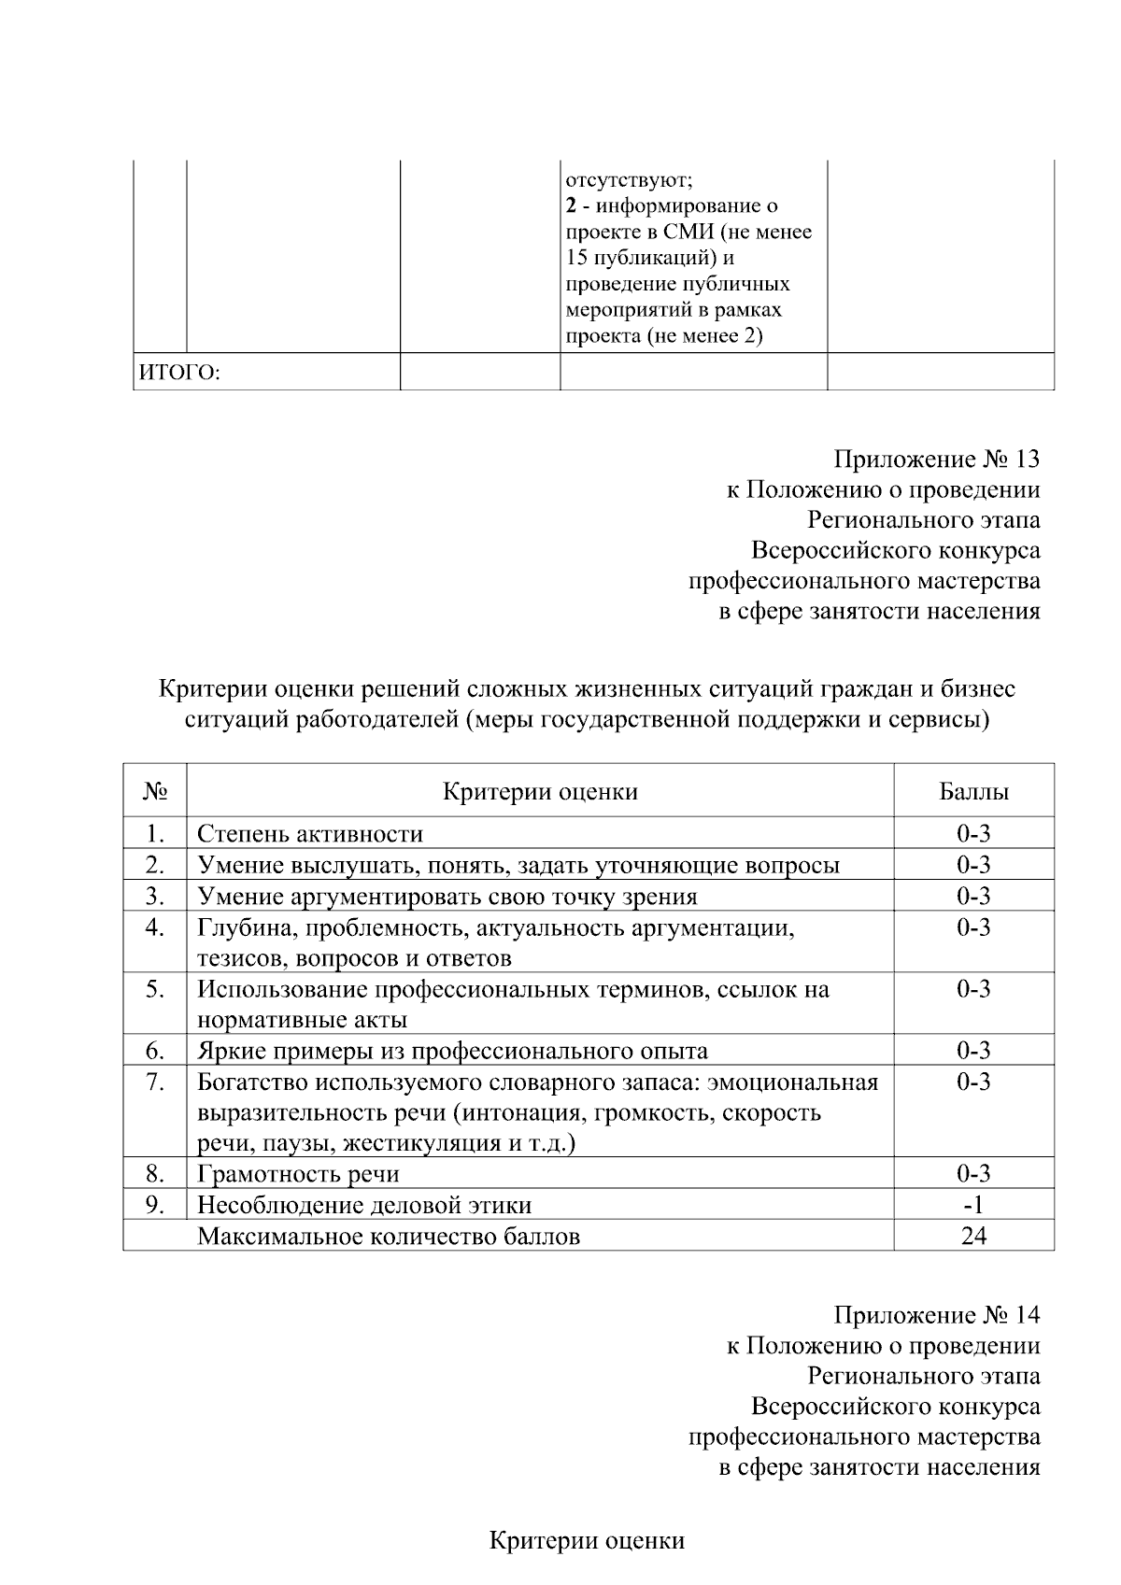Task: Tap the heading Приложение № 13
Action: pos(936,459)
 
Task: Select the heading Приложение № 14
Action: pos(936,1315)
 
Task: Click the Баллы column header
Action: pos(973,792)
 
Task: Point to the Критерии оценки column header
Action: pos(540,792)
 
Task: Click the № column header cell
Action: pos(155,792)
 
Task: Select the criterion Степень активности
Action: pos(310,833)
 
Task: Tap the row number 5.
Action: pos(155,989)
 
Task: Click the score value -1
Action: pos(973,1205)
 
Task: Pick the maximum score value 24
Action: pos(973,1236)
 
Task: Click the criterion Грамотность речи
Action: pos(298,1174)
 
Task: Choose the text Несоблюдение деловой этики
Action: pos(364,1205)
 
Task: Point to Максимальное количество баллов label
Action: pos(389,1236)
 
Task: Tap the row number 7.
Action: pos(155,1083)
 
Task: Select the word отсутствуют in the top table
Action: pos(629,179)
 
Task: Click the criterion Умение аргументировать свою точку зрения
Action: pos(447,896)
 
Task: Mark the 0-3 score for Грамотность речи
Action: pos(973,1174)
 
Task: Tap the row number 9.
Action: pos(155,1205)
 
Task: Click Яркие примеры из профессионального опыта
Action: pos(452,1051)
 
